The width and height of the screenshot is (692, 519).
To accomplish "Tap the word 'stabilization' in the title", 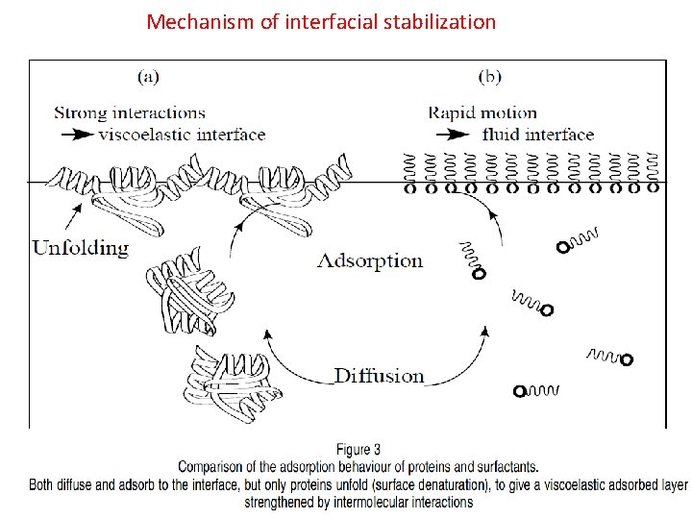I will click(x=441, y=21).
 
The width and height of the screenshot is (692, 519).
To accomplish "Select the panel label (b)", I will click(x=491, y=75).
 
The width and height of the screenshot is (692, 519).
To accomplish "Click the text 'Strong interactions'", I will click(x=130, y=112).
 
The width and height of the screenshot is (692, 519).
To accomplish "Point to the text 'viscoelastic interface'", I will click(x=182, y=134).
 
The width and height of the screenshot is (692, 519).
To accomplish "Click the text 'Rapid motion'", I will click(x=482, y=112).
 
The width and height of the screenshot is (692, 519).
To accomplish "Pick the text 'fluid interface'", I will click(x=537, y=134).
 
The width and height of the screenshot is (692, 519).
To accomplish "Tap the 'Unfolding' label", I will click(x=81, y=248).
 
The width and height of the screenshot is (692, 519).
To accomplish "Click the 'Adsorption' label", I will click(x=370, y=260).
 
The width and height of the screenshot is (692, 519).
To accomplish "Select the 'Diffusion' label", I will click(x=379, y=375).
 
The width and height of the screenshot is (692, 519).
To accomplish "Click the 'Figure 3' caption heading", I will click(x=358, y=449).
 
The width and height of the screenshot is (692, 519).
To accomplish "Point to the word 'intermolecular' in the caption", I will click(x=369, y=502).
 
